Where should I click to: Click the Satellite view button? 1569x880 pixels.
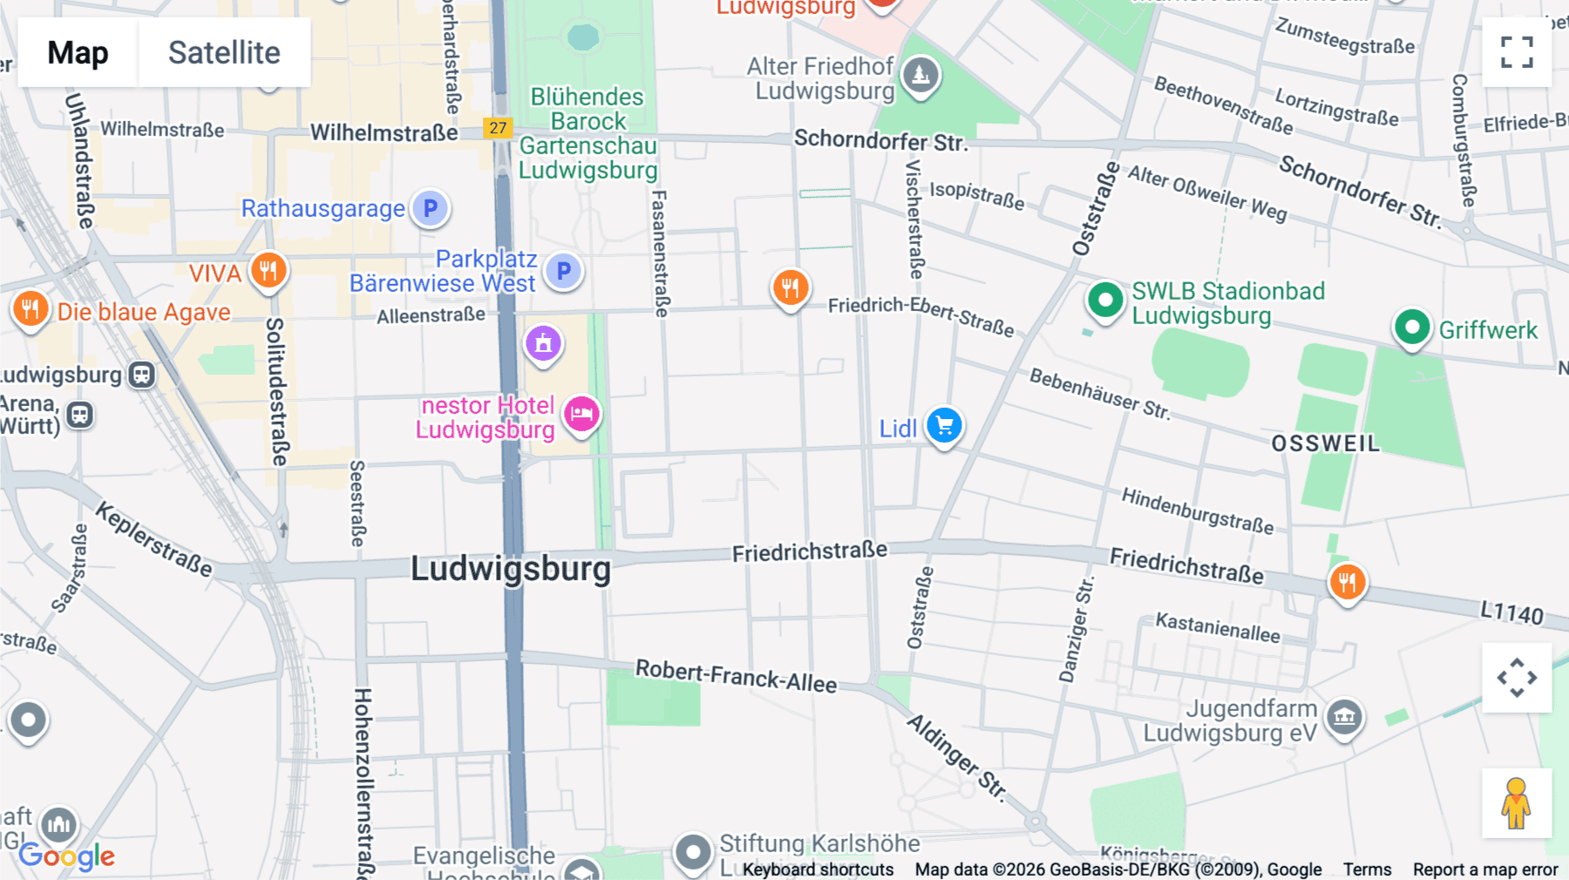coord(224,52)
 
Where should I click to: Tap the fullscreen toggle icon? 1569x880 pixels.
coord(1517,52)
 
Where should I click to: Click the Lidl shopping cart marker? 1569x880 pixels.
coord(944,426)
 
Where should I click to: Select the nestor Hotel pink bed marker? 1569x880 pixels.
coord(581,413)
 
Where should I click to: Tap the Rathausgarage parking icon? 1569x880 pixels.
coord(430,208)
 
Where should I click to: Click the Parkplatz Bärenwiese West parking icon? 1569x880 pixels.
coord(564,271)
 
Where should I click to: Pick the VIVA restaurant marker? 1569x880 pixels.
coord(268,271)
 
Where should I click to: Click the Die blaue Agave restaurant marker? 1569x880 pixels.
coord(31,308)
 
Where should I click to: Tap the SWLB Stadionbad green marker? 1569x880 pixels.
coord(1105,301)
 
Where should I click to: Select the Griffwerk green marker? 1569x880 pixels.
coord(1411,328)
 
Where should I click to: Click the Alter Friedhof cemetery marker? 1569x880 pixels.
coord(920,76)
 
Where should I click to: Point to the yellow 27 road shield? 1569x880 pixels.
coord(498,128)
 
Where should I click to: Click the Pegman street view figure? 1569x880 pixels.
coord(1516,802)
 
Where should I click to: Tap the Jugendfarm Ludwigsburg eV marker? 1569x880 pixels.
coord(1344,717)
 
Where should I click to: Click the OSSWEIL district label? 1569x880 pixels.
coord(1325,443)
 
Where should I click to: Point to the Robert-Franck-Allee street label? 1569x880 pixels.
coord(736,675)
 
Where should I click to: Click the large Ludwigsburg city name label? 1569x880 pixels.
coord(511,569)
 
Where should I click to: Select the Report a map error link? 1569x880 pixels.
coord(1485,870)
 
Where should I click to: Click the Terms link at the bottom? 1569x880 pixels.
coord(1367,870)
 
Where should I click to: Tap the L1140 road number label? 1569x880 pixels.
coord(1511,613)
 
